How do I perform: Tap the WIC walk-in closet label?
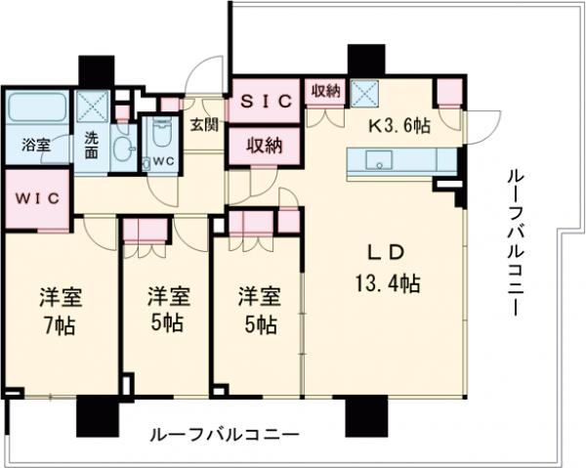tap(37, 197)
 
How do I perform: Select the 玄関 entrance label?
tap(204, 125)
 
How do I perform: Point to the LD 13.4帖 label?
tap(387, 270)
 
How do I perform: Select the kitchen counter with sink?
tap(398, 160)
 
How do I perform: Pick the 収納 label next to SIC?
tap(325, 91)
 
